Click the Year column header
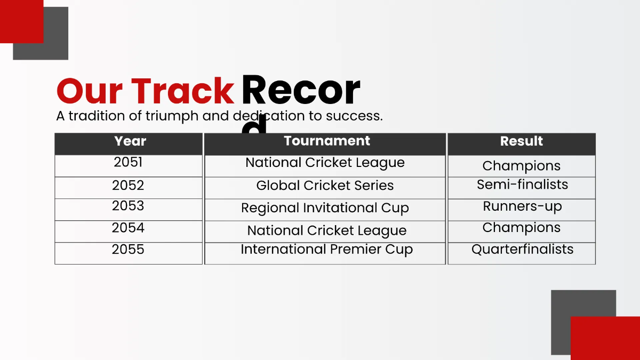click(x=130, y=141)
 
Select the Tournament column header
click(x=326, y=141)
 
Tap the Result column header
click(x=521, y=141)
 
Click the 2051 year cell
click(x=128, y=163)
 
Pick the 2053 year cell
click(x=128, y=206)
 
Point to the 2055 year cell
click(x=128, y=250)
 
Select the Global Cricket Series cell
click(x=325, y=186)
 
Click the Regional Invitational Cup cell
click(x=325, y=208)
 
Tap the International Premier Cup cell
click(x=326, y=250)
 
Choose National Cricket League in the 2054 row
click(x=326, y=230)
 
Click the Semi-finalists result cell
click(x=522, y=185)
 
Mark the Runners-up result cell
click(x=522, y=206)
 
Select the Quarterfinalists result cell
click(x=522, y=250)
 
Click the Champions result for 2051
click(x=521, y=166)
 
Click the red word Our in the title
click(x=89, y=91)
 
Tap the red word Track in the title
click(x=182, y=91)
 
